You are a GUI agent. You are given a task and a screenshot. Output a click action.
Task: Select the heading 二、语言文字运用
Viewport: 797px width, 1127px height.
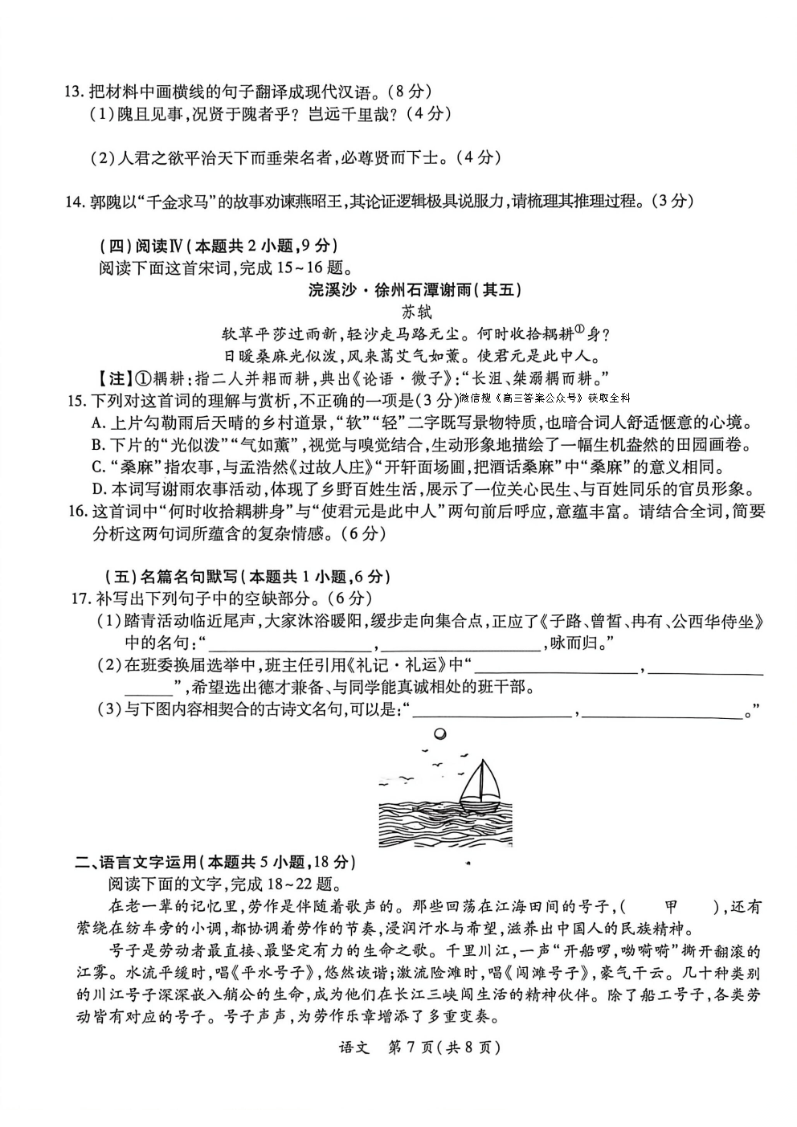[213, 862]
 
